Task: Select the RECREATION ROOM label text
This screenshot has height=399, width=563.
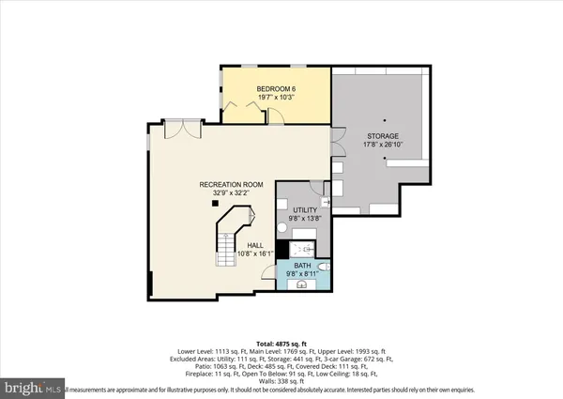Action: point(230,184)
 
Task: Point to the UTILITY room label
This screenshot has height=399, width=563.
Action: point(305,209)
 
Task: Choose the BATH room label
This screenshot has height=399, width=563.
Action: point(302,266)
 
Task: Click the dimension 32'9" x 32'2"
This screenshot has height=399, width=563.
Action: point(230,193)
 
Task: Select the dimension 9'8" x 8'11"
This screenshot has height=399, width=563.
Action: point(302,274)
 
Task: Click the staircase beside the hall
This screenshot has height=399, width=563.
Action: point(230,239)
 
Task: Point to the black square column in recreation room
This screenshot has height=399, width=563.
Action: point(215,203)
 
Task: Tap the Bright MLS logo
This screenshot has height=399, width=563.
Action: point(32,386)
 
